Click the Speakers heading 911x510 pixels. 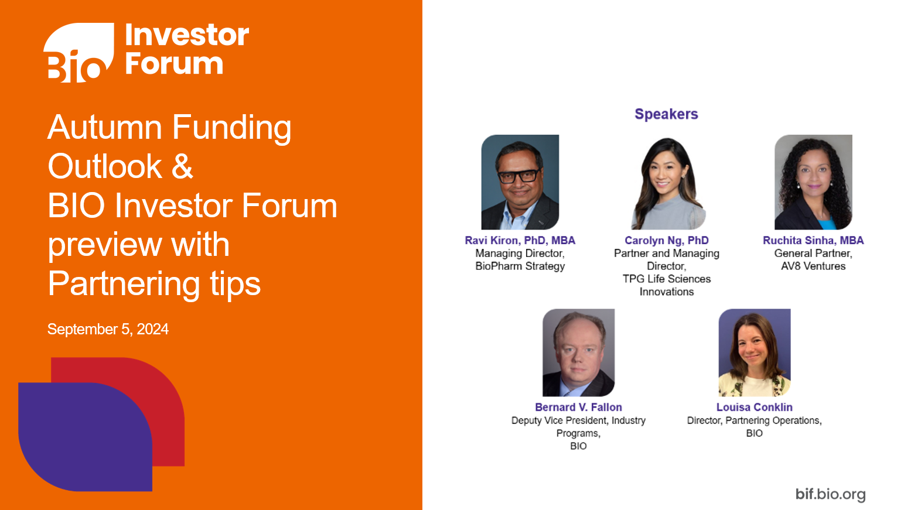[x=666, y=114]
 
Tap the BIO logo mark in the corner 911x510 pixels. [x=79, y=53]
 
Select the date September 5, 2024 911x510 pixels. [x=108, y=329]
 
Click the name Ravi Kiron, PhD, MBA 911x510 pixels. [x=520, y=240]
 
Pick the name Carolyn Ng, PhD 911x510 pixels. [x=666, y=240]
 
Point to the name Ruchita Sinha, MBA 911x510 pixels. [x=813, y=240]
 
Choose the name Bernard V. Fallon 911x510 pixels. [x=578, y=407]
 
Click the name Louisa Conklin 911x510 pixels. [x=754, y=407]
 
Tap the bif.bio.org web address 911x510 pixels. [x=830, y=494]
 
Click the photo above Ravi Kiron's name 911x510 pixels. [x=520, y=182]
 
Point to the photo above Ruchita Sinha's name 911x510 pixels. [x=813, y=182]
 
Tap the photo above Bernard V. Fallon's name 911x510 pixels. [x=578, y=352]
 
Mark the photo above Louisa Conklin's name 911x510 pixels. [x=755, y=352]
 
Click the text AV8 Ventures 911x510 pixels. [x=813, y=266]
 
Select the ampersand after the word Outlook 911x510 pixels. [x=182, y=166]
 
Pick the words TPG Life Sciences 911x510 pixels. [x=666, y=279]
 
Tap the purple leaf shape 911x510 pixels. [x=82, y=436]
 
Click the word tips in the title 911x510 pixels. [x=235, y=284]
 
